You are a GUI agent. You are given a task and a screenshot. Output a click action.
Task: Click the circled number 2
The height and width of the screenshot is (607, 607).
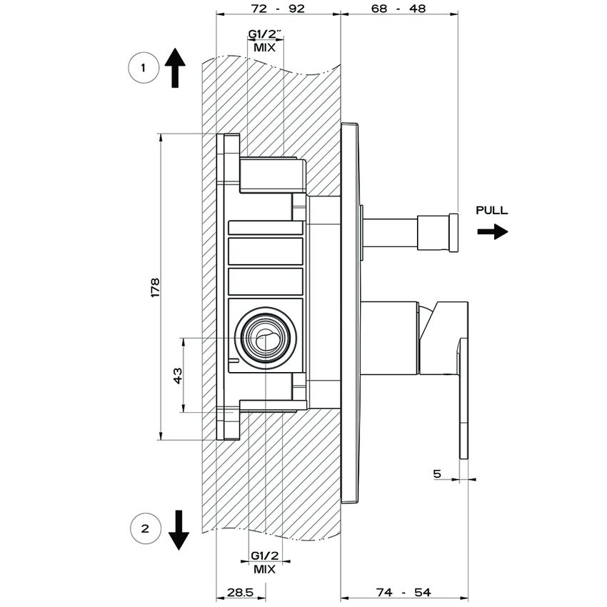tap(145, 529)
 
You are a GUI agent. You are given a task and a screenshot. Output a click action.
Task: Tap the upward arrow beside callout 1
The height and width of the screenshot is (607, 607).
tap(175, 68)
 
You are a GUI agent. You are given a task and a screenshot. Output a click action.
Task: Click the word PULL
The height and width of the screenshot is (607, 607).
tap(492, 211)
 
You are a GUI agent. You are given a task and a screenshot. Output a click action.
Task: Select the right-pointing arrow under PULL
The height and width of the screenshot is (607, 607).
tap(493, 231)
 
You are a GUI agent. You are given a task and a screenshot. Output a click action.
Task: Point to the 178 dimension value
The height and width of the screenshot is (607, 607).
tap(156, 286)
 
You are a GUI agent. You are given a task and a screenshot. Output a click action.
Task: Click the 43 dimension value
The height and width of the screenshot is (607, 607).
tap(178, 375)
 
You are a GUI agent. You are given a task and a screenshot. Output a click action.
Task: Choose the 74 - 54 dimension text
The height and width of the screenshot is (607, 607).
tap(403, 593)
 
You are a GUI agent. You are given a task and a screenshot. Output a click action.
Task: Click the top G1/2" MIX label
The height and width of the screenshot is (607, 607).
tap(265, 41)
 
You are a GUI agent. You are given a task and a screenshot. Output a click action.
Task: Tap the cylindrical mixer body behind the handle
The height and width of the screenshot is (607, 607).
tap(389, 337)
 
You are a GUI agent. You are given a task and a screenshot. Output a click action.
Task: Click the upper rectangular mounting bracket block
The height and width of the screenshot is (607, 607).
tap(271, 174)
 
